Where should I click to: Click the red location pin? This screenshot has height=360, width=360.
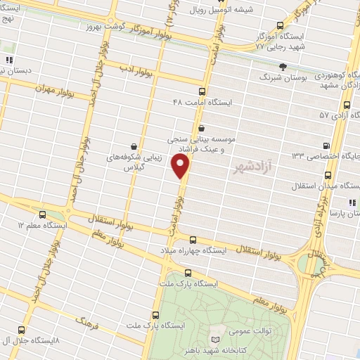pyautogui.click(x=181, y=167)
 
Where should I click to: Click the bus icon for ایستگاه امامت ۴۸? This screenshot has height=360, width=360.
pyautogui.click(x=202, y=91)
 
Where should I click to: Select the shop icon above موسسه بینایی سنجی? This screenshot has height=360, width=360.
pyautogui.click(x=202, y=128)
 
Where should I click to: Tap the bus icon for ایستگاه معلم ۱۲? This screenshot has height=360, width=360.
pyautogui.click(x=44, y=214)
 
